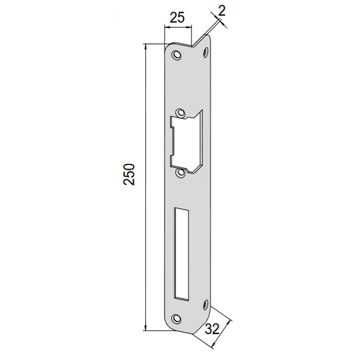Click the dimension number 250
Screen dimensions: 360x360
129,174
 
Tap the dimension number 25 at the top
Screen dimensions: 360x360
177,17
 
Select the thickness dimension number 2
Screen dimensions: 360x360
222,11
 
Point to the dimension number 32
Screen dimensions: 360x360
212,329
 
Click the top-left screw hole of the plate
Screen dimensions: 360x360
176,55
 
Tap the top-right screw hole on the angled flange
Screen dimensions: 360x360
206,52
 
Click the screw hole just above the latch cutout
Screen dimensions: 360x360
181,113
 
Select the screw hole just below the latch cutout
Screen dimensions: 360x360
181,173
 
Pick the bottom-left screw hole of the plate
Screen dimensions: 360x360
176,318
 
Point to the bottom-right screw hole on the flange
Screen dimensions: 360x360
206,304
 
